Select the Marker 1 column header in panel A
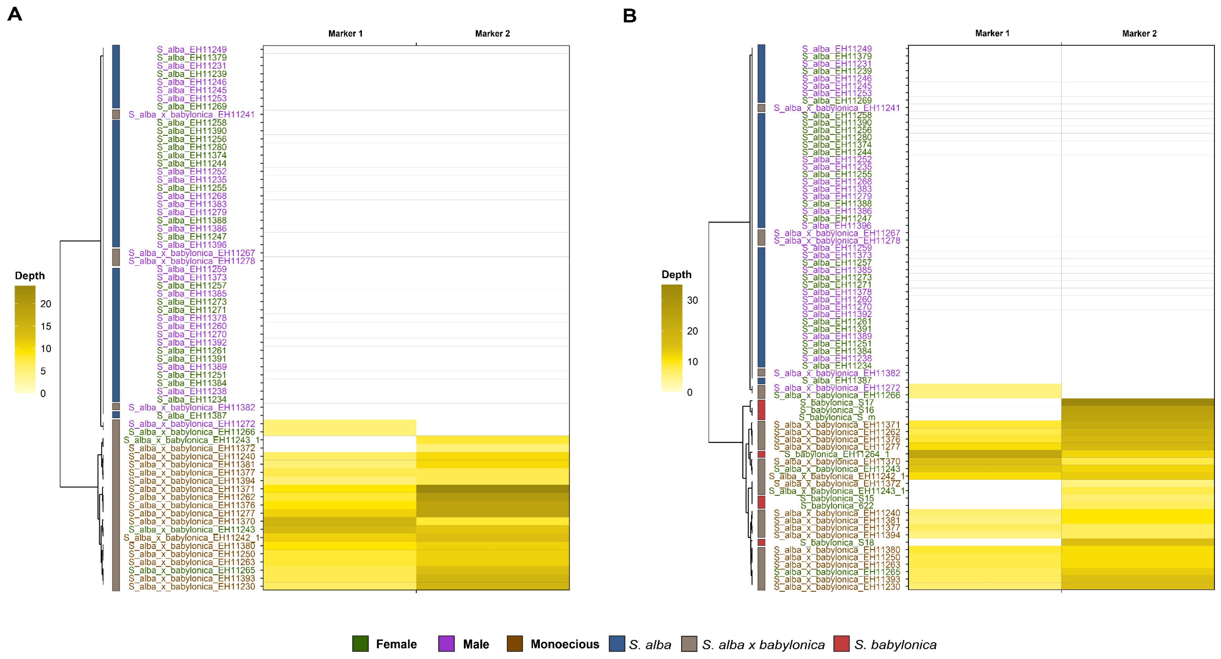click(x=345, y=34)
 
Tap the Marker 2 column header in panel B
click(x=1139, y=34)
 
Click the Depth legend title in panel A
click(x=29, y=276)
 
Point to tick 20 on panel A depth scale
click(x=46, y=304)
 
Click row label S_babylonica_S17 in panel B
click(x=837, y=403)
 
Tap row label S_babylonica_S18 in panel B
click(x=837, y=543)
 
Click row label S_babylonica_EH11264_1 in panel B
click(x=837, y=454)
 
